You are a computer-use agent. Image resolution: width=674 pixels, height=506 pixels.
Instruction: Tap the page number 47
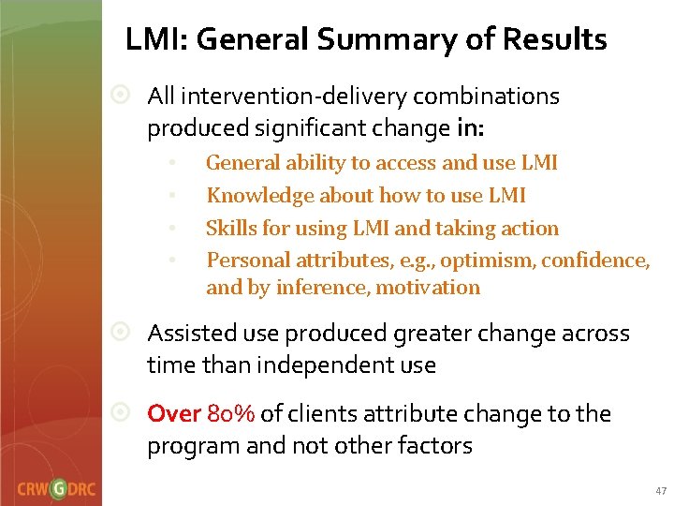(x=661, y=491)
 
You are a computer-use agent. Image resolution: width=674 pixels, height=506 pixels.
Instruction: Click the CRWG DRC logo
(x=55, y=488)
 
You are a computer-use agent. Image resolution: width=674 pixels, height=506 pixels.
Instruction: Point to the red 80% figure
(x=231, y=414)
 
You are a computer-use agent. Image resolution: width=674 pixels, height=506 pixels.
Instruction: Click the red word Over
(x=174, y=414)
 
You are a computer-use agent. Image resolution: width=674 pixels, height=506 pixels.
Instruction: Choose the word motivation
(x=428, y=288)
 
